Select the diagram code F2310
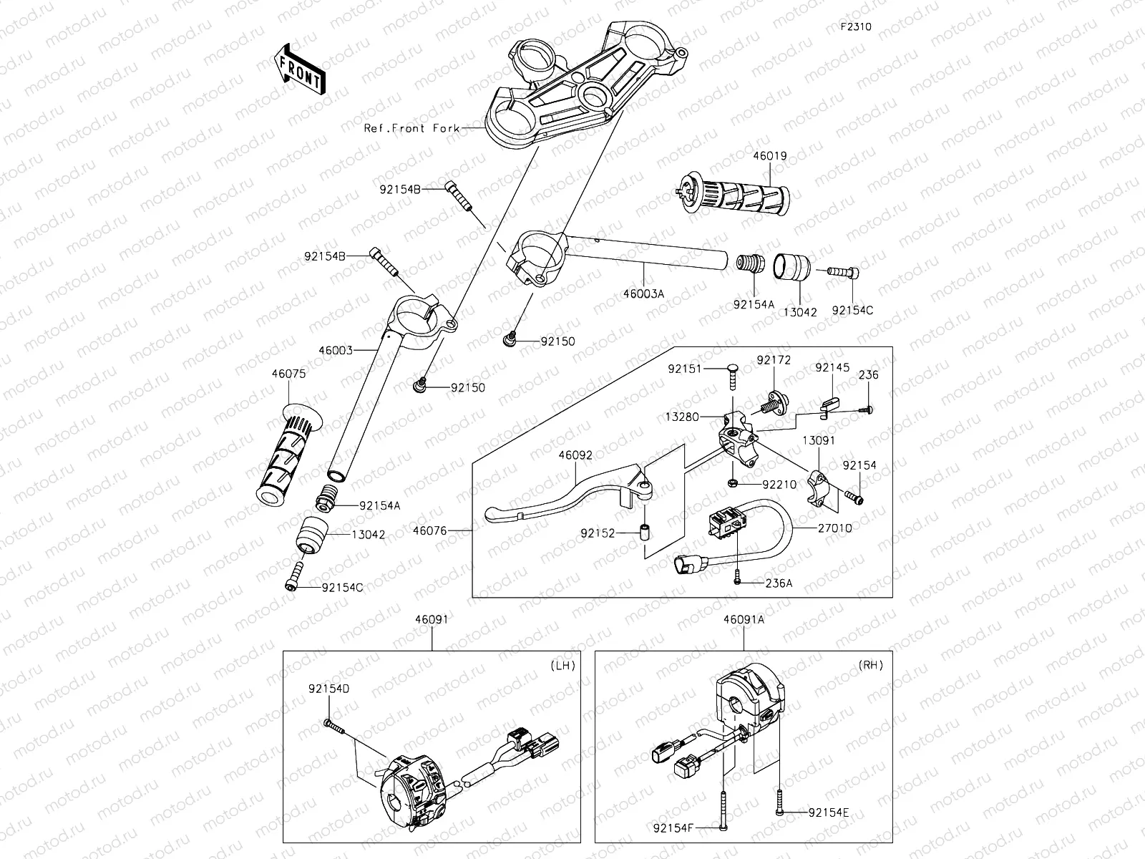(x=855, y=28)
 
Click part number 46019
(x=769, y=155)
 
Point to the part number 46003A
(x=643, y=293)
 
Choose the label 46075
(x=288, y=373)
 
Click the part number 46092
(x=576, y=454)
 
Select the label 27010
(x=834, y=528)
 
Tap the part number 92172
(x=774, y=360)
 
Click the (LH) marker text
(x=562, y=665)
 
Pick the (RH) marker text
(x=870, y=665)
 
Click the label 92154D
(x=329, y=689)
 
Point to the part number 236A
(x=779, y=583)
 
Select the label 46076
(x=430, y=530)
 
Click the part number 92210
(x=779, y=485)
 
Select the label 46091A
(x=744, y=620)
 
